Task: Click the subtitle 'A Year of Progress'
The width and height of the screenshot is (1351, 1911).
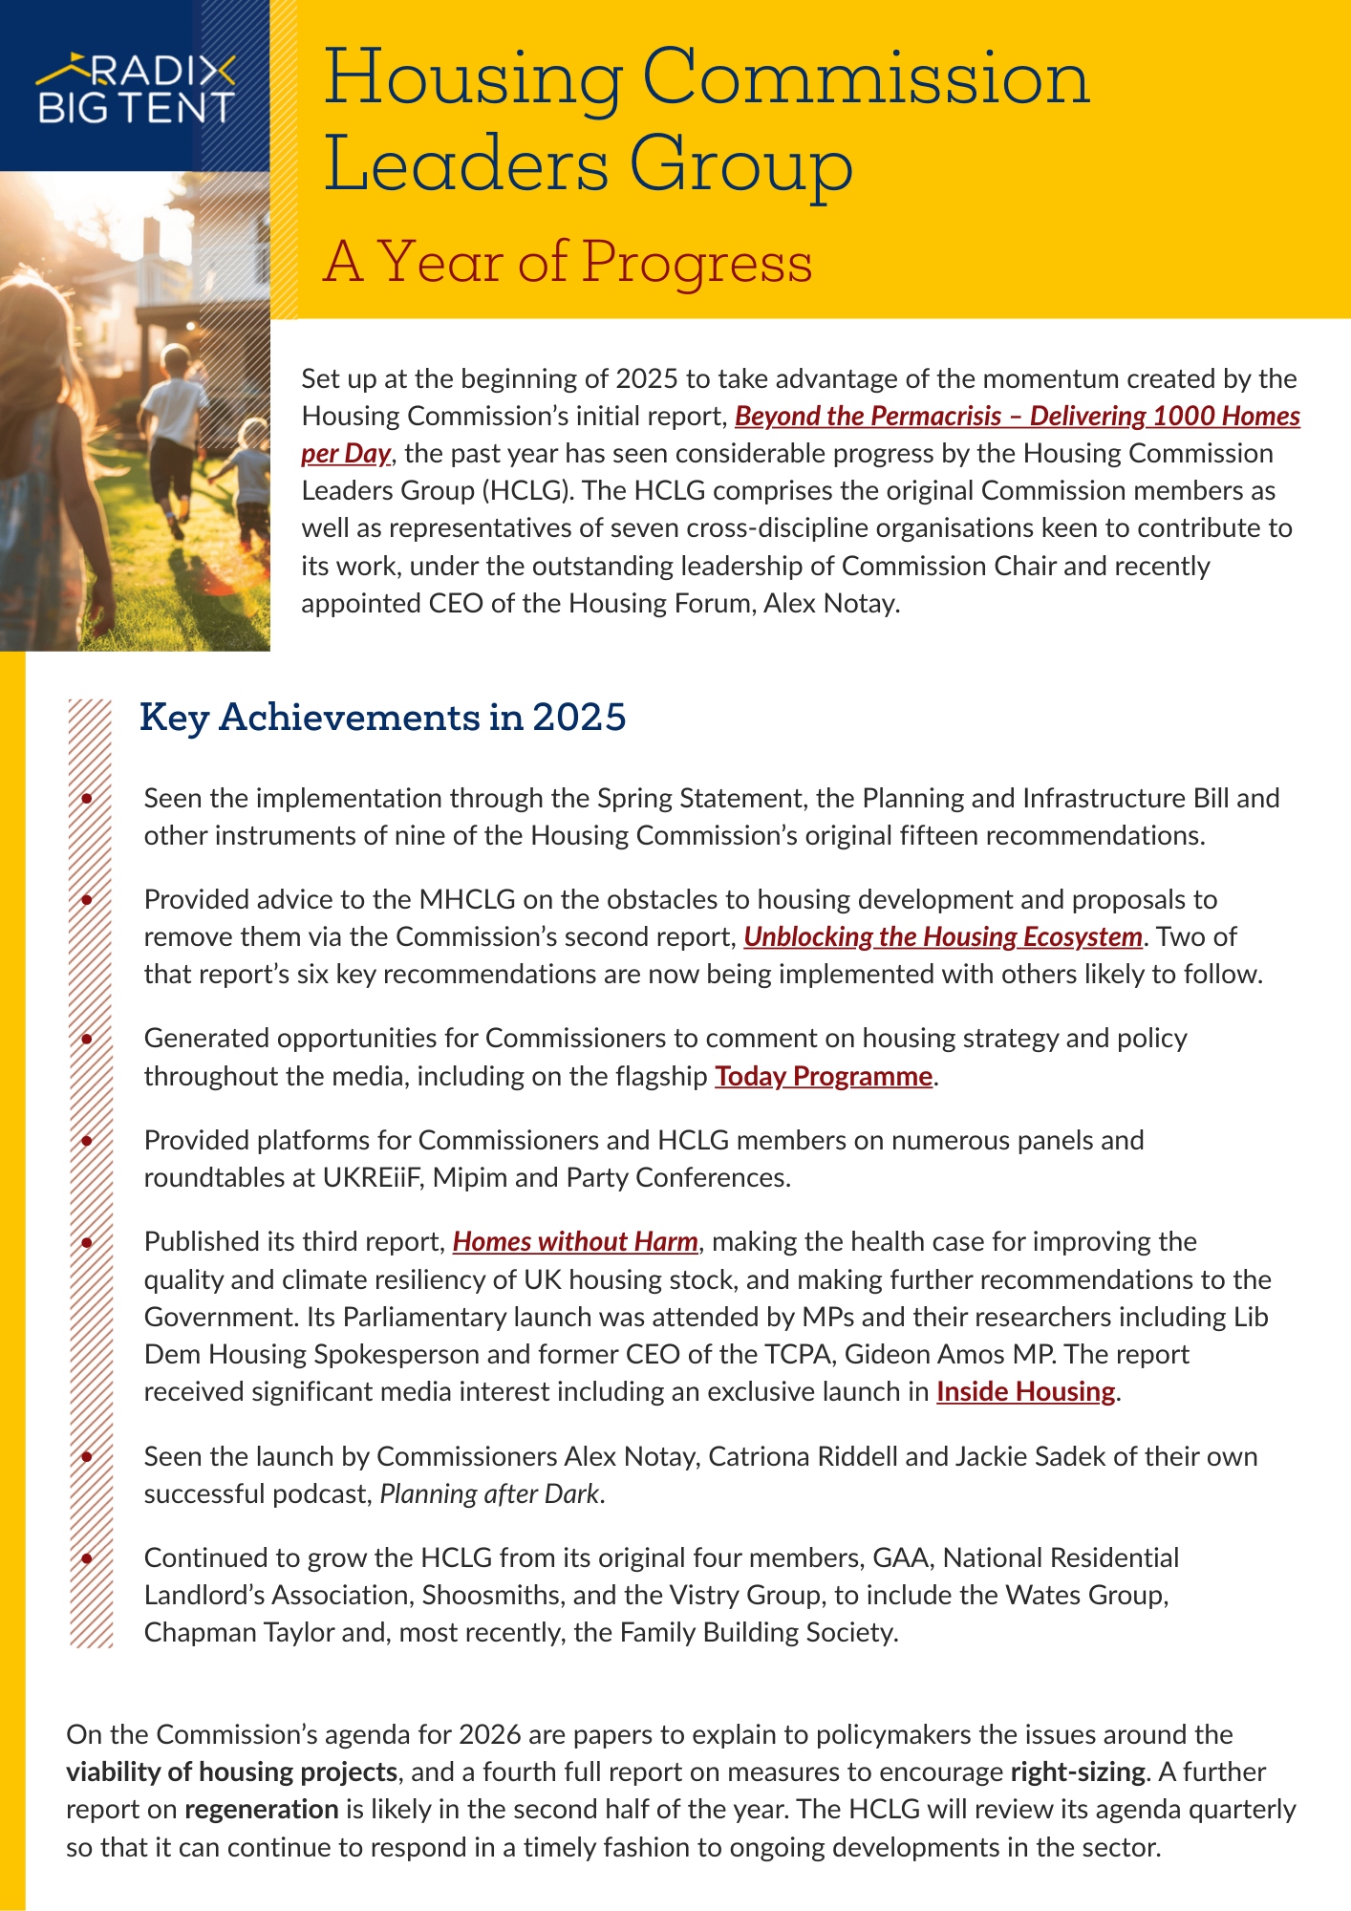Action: [568, 262]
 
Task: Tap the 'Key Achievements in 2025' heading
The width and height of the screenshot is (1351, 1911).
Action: [382, 717]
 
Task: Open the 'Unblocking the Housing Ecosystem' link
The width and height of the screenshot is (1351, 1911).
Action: [943, 936]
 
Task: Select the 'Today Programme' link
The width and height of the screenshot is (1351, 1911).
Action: [824, 1076]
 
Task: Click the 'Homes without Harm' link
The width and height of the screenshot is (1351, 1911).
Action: [575, 1241]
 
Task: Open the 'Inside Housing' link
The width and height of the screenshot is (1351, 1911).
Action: [1025, 1391]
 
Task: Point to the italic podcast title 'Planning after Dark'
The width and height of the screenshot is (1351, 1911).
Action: [490, 1493]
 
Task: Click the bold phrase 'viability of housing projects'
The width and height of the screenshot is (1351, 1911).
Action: [231, 1771]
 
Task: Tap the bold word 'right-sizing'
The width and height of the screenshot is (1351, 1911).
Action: [1077, 1771]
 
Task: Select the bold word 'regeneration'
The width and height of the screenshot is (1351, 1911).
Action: [261, 1809]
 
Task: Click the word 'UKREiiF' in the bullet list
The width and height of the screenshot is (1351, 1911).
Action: [374, 1177]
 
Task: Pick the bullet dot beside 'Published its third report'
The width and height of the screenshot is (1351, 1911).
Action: [87, 1242]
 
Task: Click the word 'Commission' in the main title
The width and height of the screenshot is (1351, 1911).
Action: [865, 78]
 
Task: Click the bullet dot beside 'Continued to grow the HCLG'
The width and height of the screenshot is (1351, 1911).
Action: [87, 1558]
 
